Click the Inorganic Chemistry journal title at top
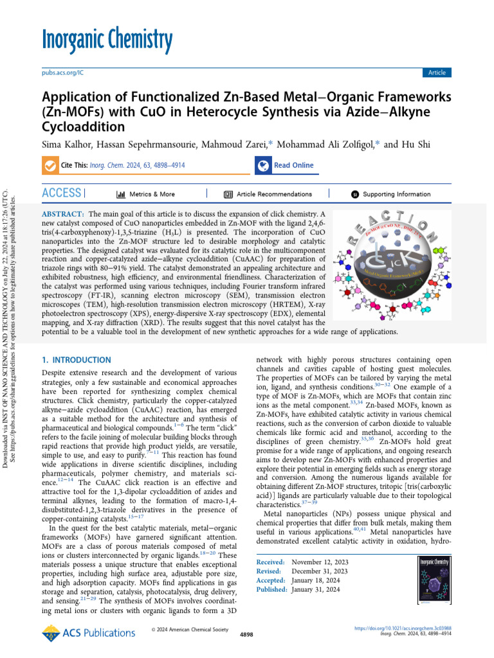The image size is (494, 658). point(107,40)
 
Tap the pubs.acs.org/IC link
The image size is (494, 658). point(62,73)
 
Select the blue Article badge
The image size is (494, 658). point(437,73)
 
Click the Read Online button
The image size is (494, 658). point(293,165)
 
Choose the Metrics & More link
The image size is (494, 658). point(145,194)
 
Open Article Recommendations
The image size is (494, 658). point(270,194)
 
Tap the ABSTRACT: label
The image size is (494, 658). point(63,213)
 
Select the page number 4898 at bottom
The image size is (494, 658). point(246,634)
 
